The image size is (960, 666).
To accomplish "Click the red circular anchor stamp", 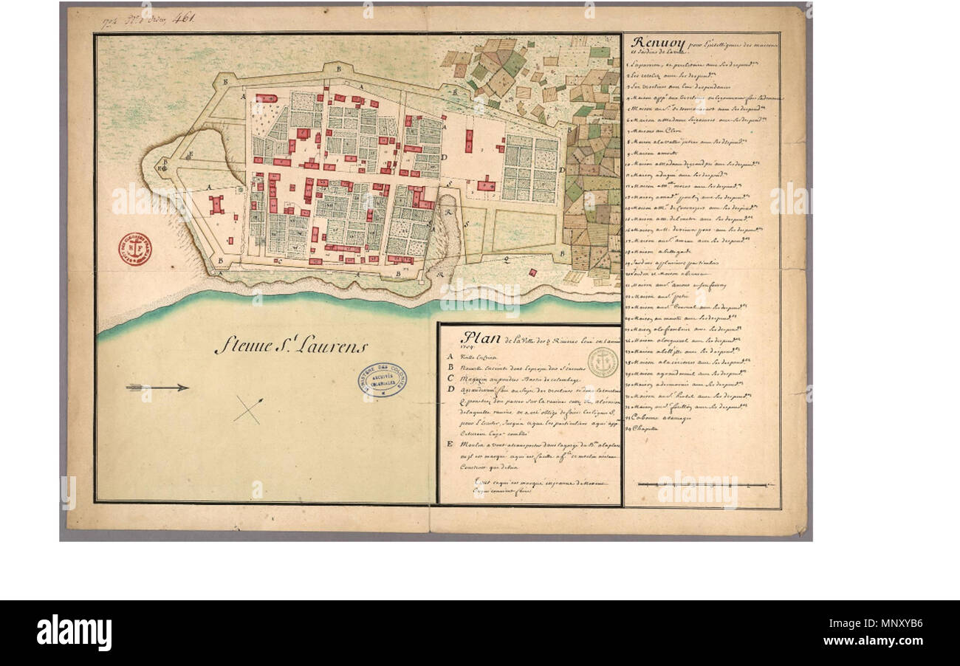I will pos(135,249).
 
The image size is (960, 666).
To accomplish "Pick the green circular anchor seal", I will pos(603,362).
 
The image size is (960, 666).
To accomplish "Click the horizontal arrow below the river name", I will pos(157,387).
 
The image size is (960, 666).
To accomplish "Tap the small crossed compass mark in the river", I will pos(248,410).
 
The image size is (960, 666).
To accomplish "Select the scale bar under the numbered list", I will pos(702,485).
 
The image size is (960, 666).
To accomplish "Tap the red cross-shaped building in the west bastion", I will pos(216,205).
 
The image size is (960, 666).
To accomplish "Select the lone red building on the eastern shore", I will pos(485,185).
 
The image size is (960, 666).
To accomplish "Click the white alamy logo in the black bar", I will pos(74,633).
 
